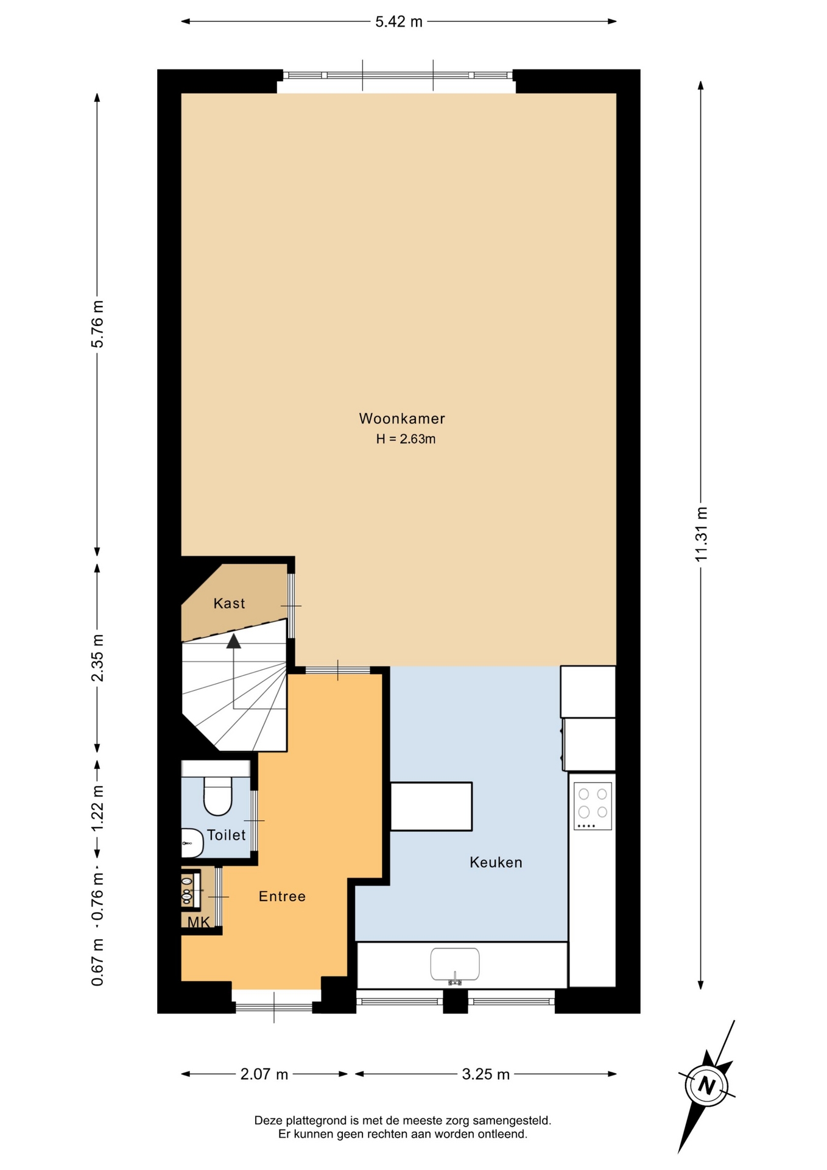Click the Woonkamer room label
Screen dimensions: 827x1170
pyautogui.click(x=402, y=419)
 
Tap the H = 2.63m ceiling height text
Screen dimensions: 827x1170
pyautogui.click(x=406, y=439)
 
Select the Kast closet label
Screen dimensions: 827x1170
pyautogui.click(x=229, y=603)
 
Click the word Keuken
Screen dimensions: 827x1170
pyautogui.click(x=496, y=862)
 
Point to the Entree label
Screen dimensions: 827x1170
pyautogui.click(x=282, y=896)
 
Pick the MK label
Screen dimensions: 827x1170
pyautogui.click(x=199, y=922)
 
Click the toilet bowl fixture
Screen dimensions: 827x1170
pyautogui.click(x=217, y=796)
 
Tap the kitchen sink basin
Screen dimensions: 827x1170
pyautogui.click(x=455, y=964)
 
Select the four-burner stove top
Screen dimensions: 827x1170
pyautogui.click(x=593, y=806)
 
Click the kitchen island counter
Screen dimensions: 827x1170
pyautogui.click(x=431, y=806)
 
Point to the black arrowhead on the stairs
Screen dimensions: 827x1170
pyautogui.click(x=234, y=640)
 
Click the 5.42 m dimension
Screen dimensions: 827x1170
pyautogui.click(x=399, y=22)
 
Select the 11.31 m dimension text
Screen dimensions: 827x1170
pyautogui.click(x=701, y=534)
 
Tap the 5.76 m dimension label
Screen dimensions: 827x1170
pyautogui.click(x=97, y=324)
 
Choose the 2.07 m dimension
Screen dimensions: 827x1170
pyautogui.click(x=264, y=1074)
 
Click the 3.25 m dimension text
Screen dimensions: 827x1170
pyautogui.click(x=486, y=1074)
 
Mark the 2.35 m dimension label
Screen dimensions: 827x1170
pyautogui.click(x=97, y=658)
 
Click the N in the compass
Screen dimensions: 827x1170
pyautogui.click(x=706, y=1085)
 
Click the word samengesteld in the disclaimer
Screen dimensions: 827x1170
pyautogui.click(x=515, y=1120)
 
